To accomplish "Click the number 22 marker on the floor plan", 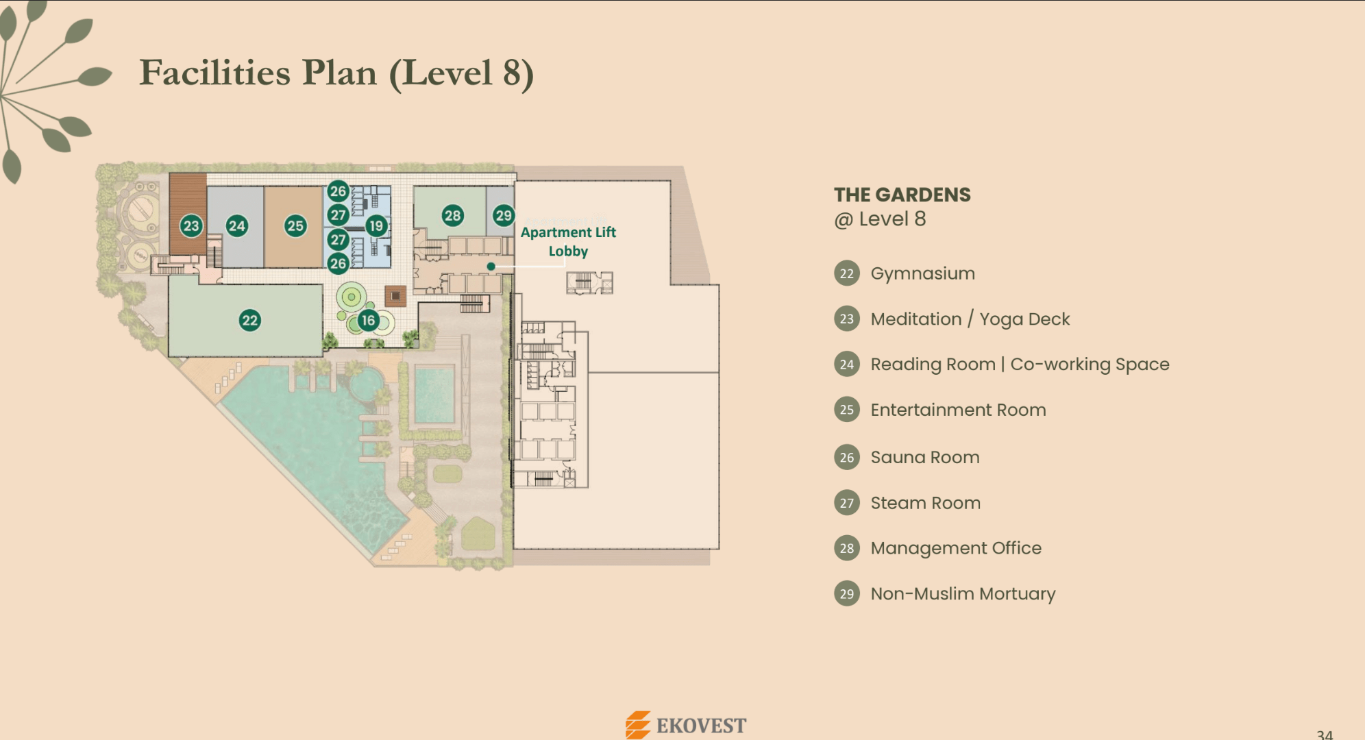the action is click(250, 320).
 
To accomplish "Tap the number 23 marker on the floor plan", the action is click(191, 225).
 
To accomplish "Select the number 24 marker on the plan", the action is click(237, 225).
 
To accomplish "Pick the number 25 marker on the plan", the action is click(295, 225).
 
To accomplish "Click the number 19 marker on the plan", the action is click(376, 225).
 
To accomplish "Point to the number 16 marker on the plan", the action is click(369, 320).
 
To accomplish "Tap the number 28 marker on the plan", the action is click(452, 216).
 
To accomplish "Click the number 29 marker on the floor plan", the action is click(504, 216).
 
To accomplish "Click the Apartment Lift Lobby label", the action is click(568, 241).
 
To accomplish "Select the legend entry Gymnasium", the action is click(922, 273).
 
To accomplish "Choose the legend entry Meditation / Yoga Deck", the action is click(970, 319).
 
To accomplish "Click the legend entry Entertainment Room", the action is click(958, 410).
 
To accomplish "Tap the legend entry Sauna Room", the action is click(925, 457).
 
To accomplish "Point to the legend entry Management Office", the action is click(956, 548).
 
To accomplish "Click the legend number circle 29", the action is click(847, 593).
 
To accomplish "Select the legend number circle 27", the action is click(847, 503).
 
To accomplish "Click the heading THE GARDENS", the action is click(902, 195).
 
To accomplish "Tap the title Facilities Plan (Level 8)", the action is click(336, 73).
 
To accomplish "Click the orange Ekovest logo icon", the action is click(638, 725).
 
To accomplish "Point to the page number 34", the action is click(1325, 735).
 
